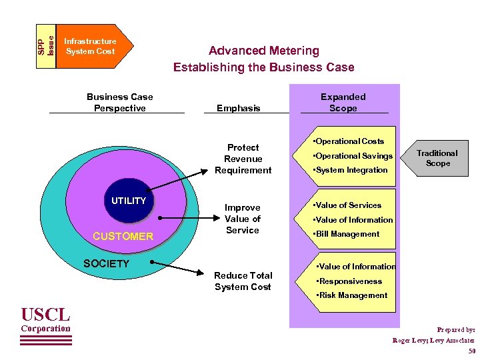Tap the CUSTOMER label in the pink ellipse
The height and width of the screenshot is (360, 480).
click(123, 237)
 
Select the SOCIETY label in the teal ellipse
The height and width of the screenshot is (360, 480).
click(106, 264)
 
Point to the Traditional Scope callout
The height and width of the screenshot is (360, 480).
click(437, 158)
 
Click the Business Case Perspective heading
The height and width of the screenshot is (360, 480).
click(119, 102)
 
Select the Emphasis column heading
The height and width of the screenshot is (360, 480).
click(238, 108)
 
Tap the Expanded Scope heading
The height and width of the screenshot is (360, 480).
click(343, 102)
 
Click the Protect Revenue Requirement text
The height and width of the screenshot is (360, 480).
click(243, 159)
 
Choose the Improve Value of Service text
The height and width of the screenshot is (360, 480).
click(242, 219)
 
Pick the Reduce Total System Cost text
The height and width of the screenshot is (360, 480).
click(243, 281)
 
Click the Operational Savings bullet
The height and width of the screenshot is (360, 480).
click(354, 156)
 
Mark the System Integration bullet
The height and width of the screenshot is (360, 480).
click(351, 170)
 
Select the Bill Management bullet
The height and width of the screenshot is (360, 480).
click(347, 234)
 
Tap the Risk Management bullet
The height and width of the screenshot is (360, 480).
click(352, 295)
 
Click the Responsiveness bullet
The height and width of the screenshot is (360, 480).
click(349, 281)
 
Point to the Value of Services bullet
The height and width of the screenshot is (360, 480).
click(348, 205)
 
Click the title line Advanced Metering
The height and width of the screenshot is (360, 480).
click(263, 51)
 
